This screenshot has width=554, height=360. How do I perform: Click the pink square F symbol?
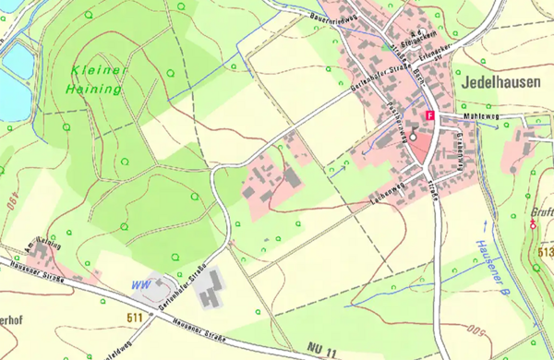(429, 114)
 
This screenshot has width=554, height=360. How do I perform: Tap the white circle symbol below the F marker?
(414, 136)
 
